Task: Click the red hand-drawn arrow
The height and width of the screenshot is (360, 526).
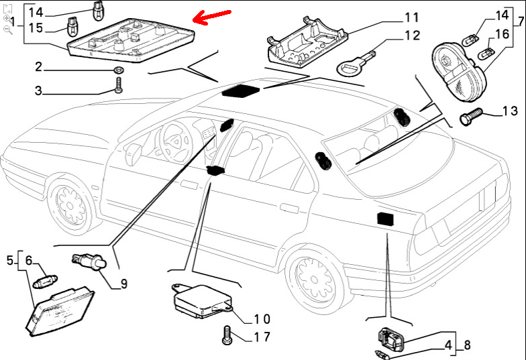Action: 211,17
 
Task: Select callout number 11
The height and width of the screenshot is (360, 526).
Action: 411,17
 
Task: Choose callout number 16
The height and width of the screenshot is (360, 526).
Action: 501,34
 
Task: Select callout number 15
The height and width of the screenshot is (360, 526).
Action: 36,27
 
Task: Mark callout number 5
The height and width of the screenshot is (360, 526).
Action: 10,259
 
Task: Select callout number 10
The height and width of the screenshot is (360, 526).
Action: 262,318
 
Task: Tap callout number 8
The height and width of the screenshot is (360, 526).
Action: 468,346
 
